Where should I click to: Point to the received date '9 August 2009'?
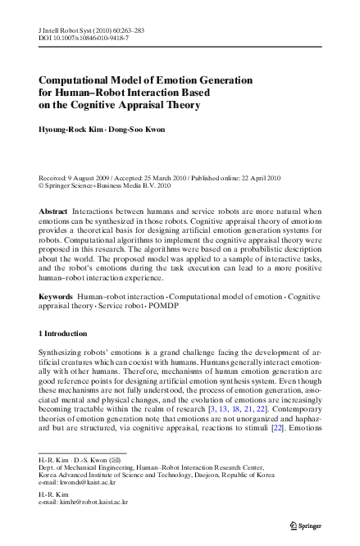pos(90,179)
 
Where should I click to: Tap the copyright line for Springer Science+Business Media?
pos(107,186)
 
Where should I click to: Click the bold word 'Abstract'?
pos(54,212)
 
